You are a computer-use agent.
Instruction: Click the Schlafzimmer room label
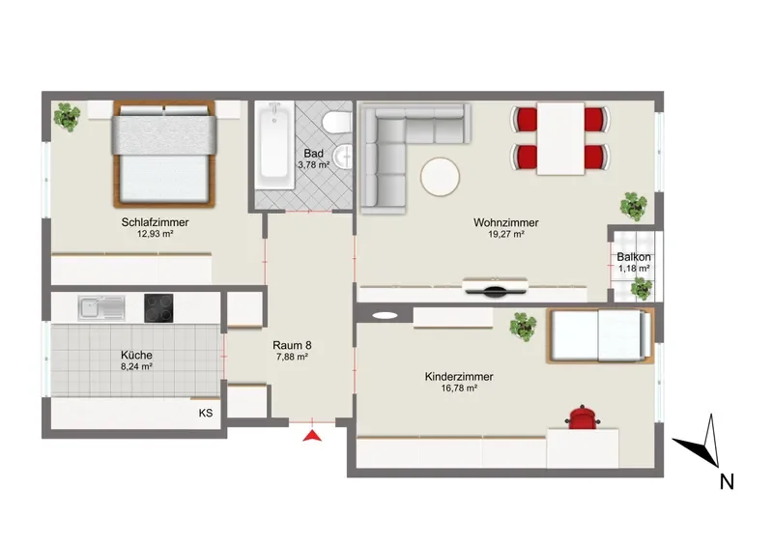pyautogui.click(x=155, y=222)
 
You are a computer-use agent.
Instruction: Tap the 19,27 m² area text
pyautogui.click(x=505, y=234)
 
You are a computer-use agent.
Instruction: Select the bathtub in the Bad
pyautogui.click(x=275, y=145)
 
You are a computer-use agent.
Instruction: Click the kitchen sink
pyautogui.click(x=101, y=307)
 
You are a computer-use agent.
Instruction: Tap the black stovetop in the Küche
pyautogui.click(x=158, y=308)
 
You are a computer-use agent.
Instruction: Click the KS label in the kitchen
pyautogui.click(x=206, y=413)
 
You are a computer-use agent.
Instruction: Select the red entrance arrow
pyautogui.click(x=312, y=436)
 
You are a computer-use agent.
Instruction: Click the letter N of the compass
pyautogui.click(x=727, y=481)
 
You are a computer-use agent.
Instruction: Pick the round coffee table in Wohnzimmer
pyautogui.click(x=440, y=177)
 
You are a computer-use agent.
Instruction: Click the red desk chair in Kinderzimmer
pyautogui.click(x=583, y=417)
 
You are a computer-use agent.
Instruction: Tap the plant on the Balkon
pyautogui.click(x=642, y=289)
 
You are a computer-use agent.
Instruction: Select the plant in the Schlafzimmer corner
pyautogui.click(x=67, y=116)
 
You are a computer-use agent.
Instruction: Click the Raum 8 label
pyautogui.click(x=292, y=345)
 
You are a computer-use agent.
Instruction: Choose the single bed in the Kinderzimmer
pyautogui.click(x=600, y=336)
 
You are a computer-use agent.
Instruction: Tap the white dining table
pyautogui.click(x=560, y=138)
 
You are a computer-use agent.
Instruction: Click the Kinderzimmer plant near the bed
pyautogui.click(x=523, y=326)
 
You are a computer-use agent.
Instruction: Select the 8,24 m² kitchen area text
pyautogui.click(x=136, y=366)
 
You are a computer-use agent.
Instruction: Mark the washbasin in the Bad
pyautogui.click(x=343, y=157)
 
